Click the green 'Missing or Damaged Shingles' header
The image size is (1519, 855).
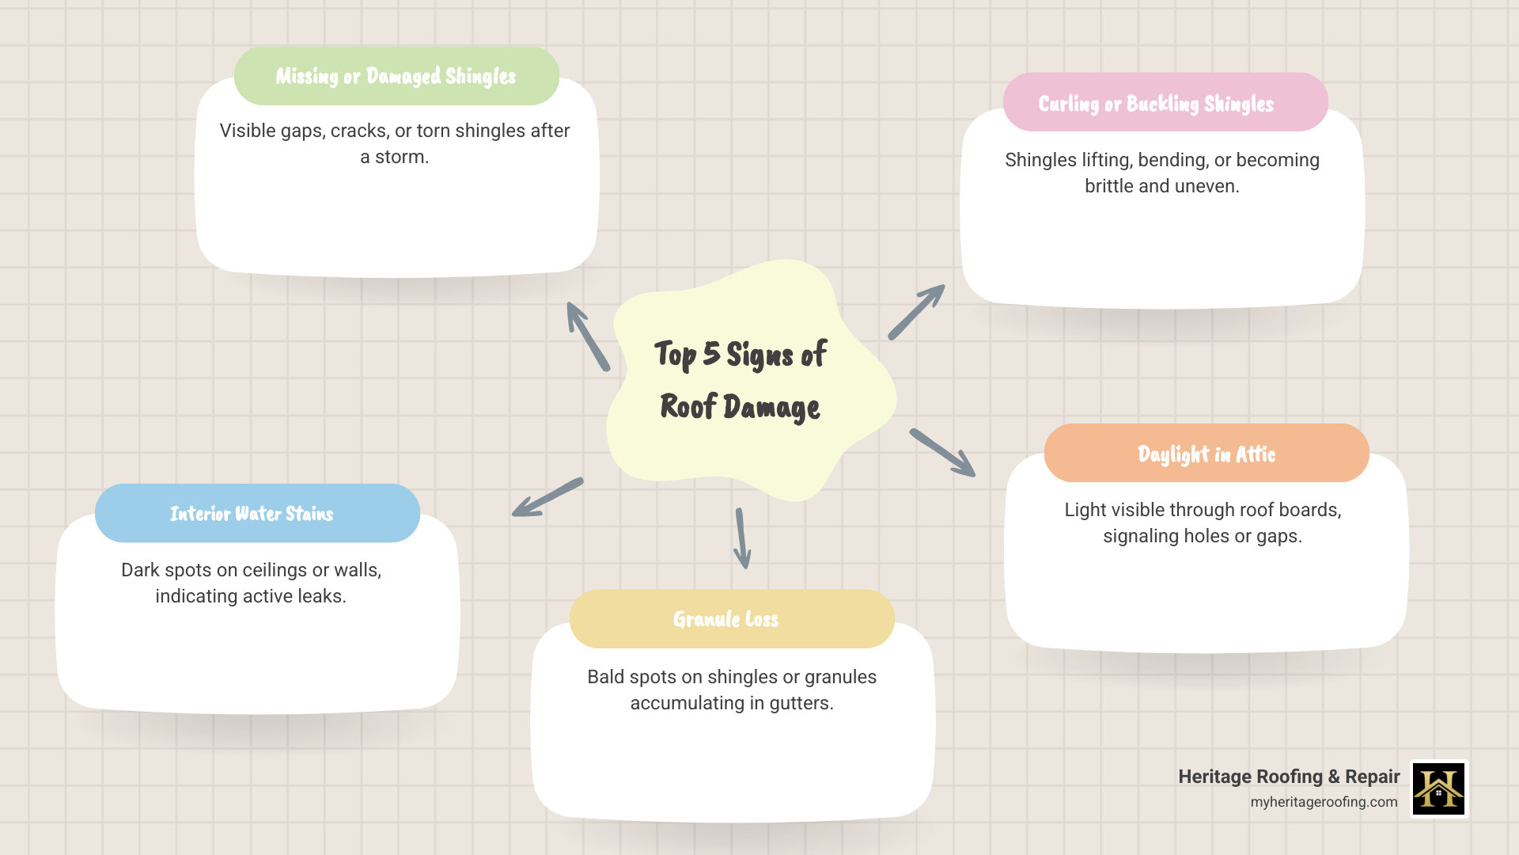pyautogui.click(x=396, y=76)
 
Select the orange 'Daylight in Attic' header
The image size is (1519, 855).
pyautogui.click(x=1206, y=454)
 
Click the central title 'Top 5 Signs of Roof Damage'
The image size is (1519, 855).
pyautogui.click(x=741, y=381)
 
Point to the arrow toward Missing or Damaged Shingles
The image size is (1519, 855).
pyautogui.click(x=587, y=336)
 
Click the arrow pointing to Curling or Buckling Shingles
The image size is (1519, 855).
pyautogui.click(x=916, y=312)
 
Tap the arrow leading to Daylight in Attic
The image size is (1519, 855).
pyautogui.click(x=942, y=453)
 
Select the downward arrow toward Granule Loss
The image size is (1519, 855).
pyautogui.click(x=742, y=538)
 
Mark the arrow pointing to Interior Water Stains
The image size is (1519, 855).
pyautogui.click(x=547, y=497)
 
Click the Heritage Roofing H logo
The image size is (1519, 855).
pyautogui.click(x=1438, y=788)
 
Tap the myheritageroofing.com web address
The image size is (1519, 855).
pyautogui.click(x=1324, y=802)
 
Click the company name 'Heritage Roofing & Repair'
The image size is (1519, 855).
pyautogui.click(x=1288, y=777)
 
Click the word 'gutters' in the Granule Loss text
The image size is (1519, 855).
pyautogui.click(x=801, y=703)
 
